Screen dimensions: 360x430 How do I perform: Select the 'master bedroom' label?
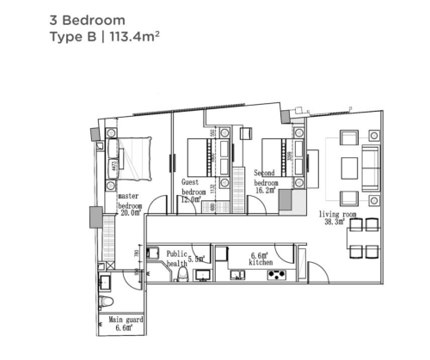click(x=129, y=201)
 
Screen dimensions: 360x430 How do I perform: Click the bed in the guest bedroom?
click(x=203, y=156)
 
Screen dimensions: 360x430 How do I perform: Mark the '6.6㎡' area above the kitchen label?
click(x=260, y=255)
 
